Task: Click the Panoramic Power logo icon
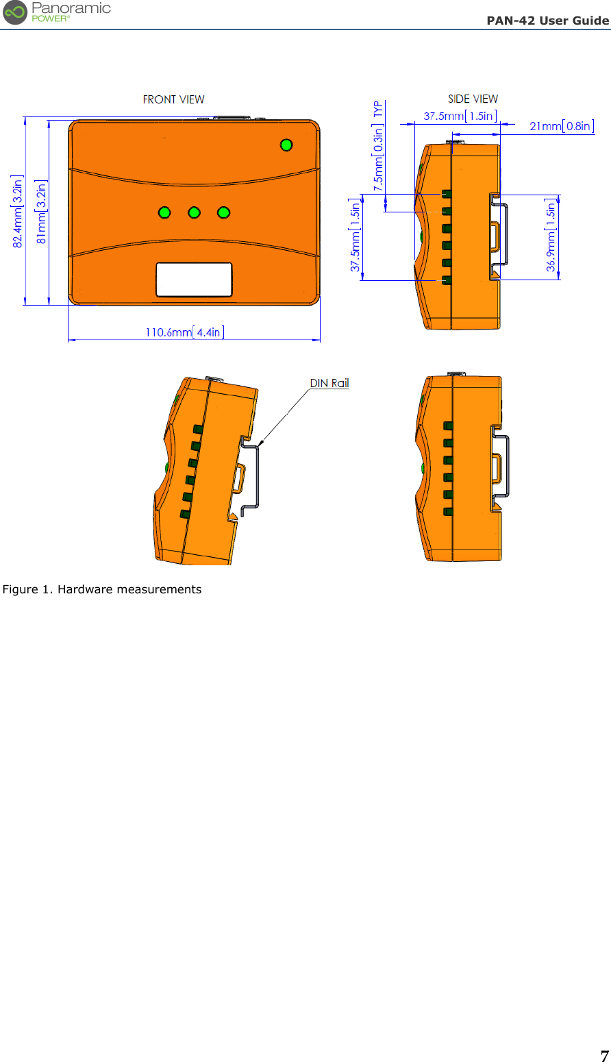click(x=15, y=12)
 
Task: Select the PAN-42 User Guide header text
click(x=547, y=21)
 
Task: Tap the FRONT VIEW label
click(x=173, y=100)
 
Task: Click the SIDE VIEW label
click(x=473, y=99)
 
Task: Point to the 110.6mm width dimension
click(x=184, y=332)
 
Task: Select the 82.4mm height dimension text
click(x=18, y=211)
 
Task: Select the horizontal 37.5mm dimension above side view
click(x=460, y=116)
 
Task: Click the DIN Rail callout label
click(x=329, y=383)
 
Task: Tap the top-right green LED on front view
click(x=286, y=145)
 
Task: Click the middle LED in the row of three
click(x=194, y=212)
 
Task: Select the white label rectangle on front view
click(x=194, y=280)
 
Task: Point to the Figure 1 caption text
click(x=102, y=589)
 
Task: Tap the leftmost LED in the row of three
click(x=164, y=212)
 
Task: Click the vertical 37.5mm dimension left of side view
click(x=355, y=236)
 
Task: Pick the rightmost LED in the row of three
click(x=223, y=212)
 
